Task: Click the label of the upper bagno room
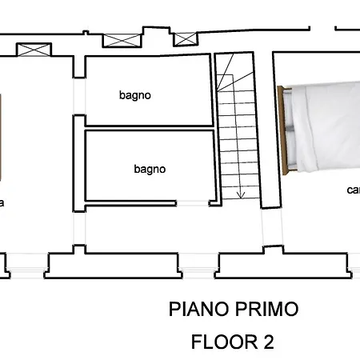click(135, 95)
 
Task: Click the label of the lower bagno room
click(150, 169)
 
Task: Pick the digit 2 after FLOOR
click(267, 342)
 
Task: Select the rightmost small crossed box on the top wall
click(186, 38)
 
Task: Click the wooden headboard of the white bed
click(284, 127)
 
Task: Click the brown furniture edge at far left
click(2, 136)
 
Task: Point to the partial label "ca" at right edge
click(352, 190)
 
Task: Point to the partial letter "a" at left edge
click(2, 203)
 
